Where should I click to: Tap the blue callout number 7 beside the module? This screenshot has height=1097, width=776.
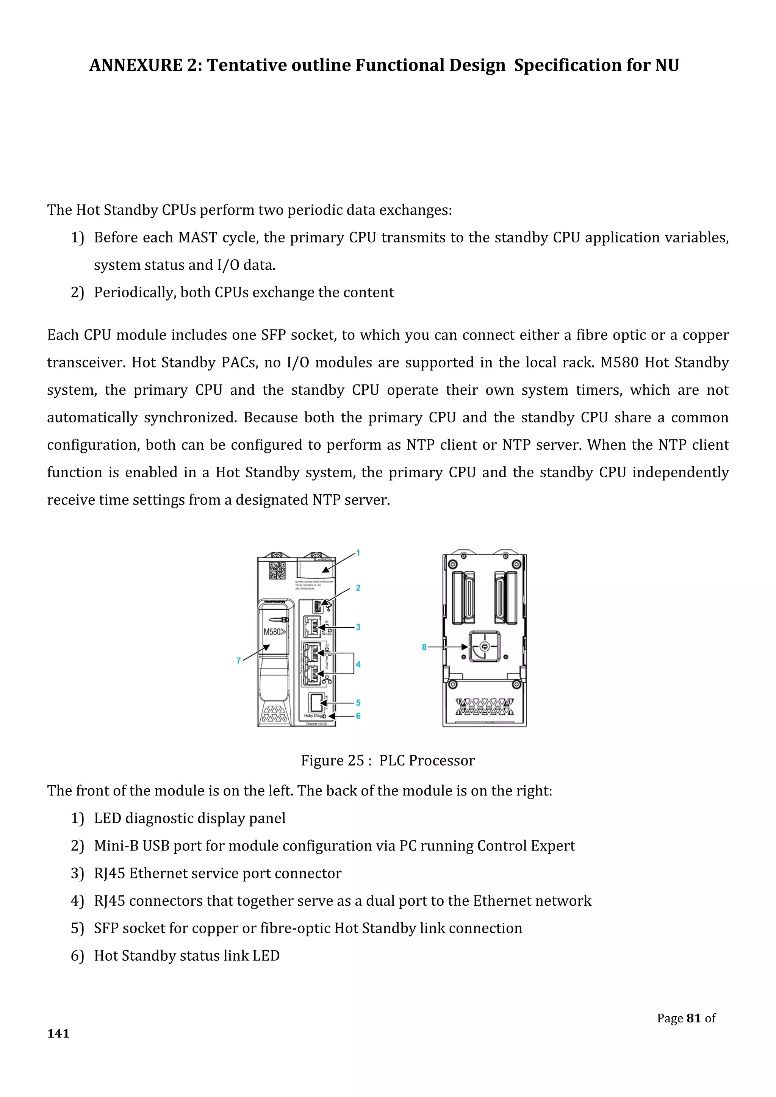coord(238,661)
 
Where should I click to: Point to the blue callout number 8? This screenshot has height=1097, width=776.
coord(424,647)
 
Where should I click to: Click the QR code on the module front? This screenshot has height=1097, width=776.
coord(277,570)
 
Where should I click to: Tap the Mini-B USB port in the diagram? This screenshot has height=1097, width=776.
coord(317,607)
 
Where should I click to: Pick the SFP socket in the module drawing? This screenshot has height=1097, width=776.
coord(316,702)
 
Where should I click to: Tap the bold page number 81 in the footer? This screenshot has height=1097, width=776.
coord(693,1018)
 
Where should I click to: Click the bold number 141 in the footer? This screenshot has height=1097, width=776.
coord(58,1033)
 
